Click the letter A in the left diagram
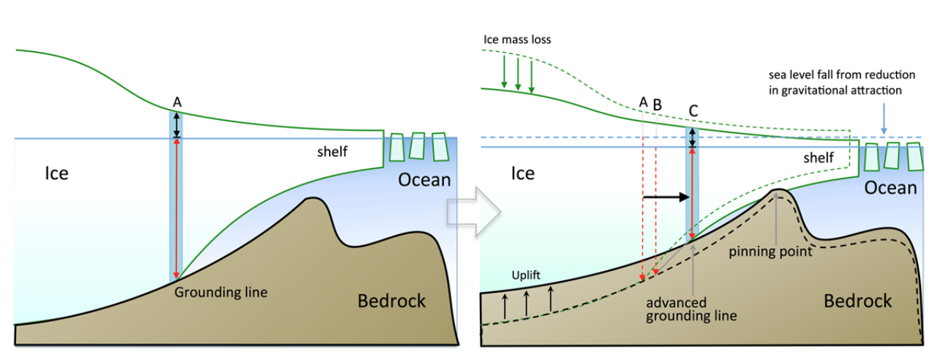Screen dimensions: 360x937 pyautogui.click(x=176, y=102)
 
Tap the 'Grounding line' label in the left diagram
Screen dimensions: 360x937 pyautogui.click(x=221, y=292)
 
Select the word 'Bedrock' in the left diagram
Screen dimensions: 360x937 pyautogui.click(x=391, y=301)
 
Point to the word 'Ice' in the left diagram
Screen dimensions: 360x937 pyautogui.click(x=57, y=174)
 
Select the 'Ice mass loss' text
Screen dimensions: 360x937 pyautogui.click(x=517, y=40)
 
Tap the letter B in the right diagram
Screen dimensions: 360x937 pyautogui.click(x=657, y=105)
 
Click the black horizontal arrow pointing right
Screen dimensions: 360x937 pyautogui.click(x=666, y=197)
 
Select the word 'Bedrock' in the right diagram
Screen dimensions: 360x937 pyautogui.click(x=857, y=301)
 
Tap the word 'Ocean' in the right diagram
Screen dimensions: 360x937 pyautogui.click(x=890, y=188)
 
